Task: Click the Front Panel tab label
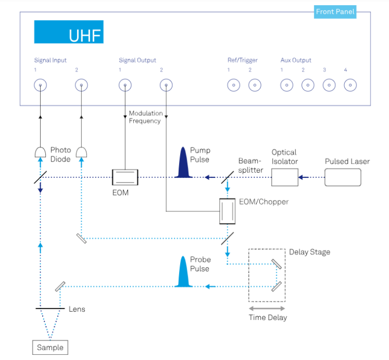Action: pyautogui.click(x=335, y=11)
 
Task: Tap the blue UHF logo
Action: pyautogui.click(x=68, y=32)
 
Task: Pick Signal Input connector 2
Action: pyautogui.click(x=81, y=85)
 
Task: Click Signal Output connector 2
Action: pyautogui.click(x=166, y=85)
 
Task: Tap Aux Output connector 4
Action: pyautogui.click(x=350, y=85)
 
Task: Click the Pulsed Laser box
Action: pyautogui.click(x=343, y=177)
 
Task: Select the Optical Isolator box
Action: pyautogui.click(x=285, y=177)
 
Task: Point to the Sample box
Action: pyautogui.click(x=50, y=348)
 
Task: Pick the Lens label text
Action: pyautogui.click(x=77, y=309)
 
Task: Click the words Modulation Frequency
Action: pyautogui.click(x=146, y=117)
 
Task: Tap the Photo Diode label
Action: pyautogui.click(x=60, y=154)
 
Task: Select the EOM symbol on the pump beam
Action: pyautogui.click(x=125, y=177)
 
